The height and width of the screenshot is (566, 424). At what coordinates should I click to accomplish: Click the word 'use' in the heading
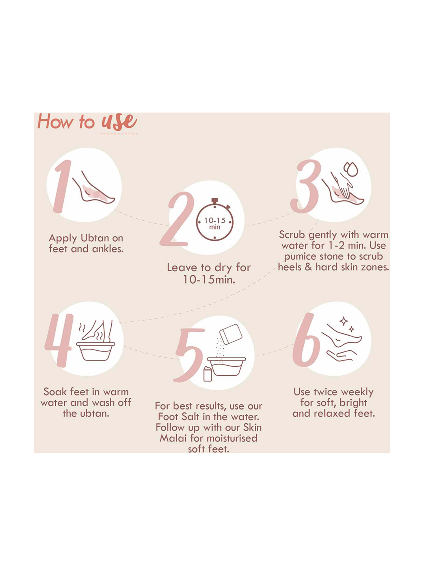click(x=119, y=122)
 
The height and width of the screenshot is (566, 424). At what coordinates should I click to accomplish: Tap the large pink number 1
click(x=60, y=187)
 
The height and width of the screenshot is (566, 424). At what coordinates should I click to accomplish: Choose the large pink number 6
click(x=307, y=341)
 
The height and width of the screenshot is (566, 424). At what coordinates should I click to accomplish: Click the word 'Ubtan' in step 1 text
click(x=95, y=238)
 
